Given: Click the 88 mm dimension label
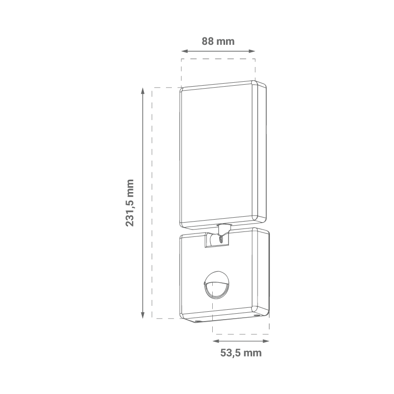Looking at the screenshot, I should (x=218, y=41).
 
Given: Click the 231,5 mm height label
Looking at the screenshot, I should (x=130, y=202).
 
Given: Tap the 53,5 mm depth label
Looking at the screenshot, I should (x=240, y=353).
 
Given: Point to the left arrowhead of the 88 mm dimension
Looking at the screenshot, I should (x=184, y=51).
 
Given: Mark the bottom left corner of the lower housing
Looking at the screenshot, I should (x=181, y=317).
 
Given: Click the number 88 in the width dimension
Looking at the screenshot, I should (x=207, y=41).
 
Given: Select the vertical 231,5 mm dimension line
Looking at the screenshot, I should (x=142, y=148).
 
